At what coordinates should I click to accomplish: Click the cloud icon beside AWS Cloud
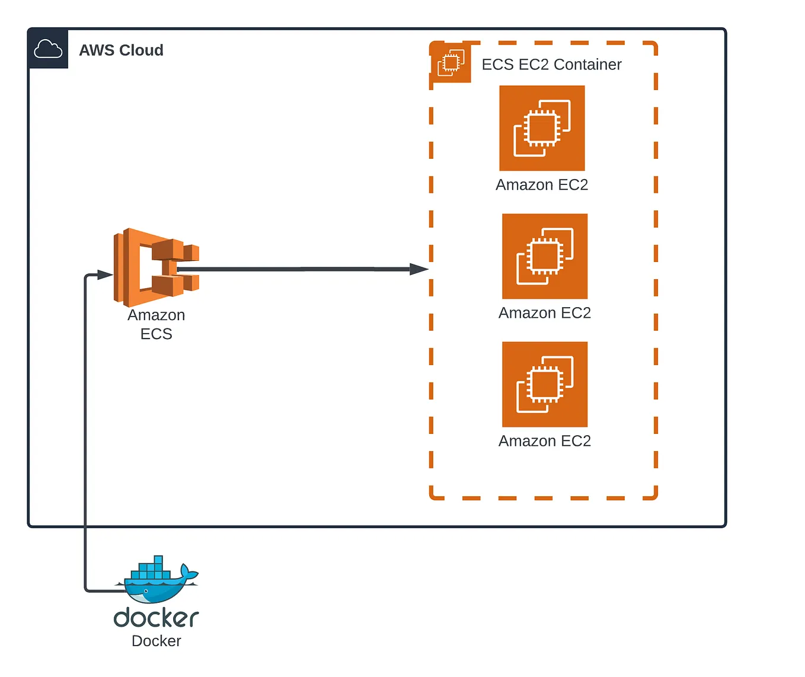(x=48, y=49)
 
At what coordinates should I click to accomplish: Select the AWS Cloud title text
(x=121, y=50)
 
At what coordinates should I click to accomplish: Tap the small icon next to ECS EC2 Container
(x=451, y=63)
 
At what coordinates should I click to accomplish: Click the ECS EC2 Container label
(x=551, y=64)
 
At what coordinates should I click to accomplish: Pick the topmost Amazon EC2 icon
(x=542, y=128)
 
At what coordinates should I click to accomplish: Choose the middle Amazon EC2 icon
(x=545, y=256)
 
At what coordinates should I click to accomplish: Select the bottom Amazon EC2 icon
(x=545, y=384)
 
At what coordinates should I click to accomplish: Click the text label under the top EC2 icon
(x=542, y=185)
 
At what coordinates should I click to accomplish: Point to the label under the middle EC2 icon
(x=545, y=313)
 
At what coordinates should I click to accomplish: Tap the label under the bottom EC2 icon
(x=545, y=441)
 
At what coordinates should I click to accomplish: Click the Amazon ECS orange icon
(x=156, y=267)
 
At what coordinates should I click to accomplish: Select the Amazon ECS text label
(x=156, y=324)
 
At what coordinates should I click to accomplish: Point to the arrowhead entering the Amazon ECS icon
(x=105, y=274)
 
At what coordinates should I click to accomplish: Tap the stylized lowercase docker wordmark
(x=156, y=618)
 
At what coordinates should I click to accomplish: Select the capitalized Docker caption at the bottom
(x=156, y=641)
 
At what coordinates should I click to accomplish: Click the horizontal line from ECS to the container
(x=296, y=269)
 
